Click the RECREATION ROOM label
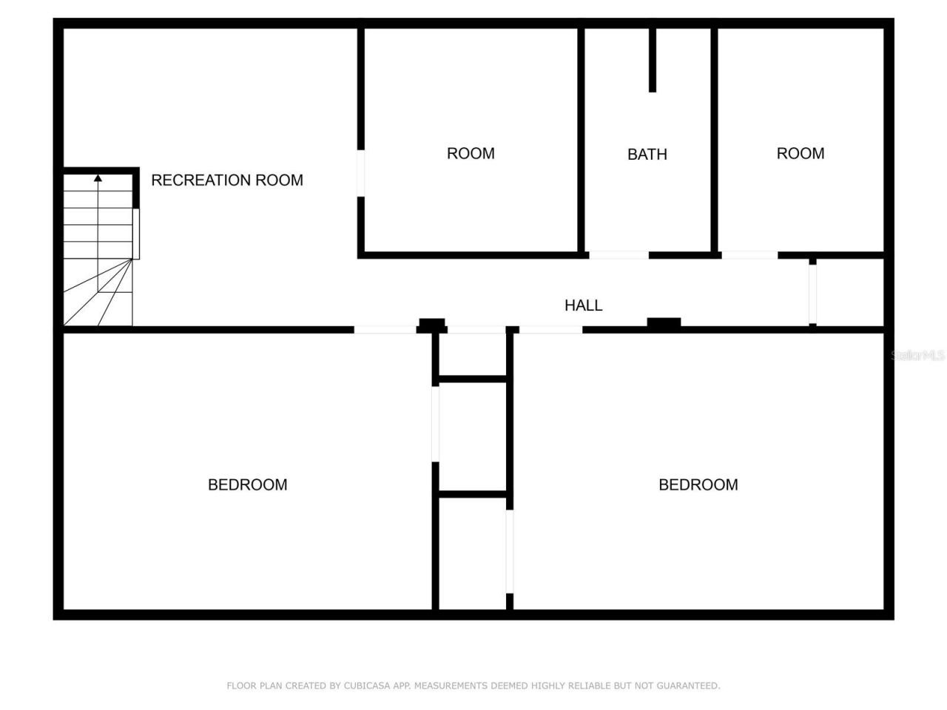click(227, 180)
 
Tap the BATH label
click(647, 154)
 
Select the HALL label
click(583, 305)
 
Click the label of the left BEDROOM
click(247, 484)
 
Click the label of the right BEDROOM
click(698, 484)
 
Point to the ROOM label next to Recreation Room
click(471, 153)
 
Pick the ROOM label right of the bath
click(800, 153)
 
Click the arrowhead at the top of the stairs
click(98, 177)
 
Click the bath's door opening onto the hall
click(619, 255)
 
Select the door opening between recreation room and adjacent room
click(361, 173)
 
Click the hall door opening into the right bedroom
click(550, 329)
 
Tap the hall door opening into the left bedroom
click(385, 329)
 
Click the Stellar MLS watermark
click(918, 356)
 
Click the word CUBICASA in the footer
click(367, 686)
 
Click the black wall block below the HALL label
click(664, 323)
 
